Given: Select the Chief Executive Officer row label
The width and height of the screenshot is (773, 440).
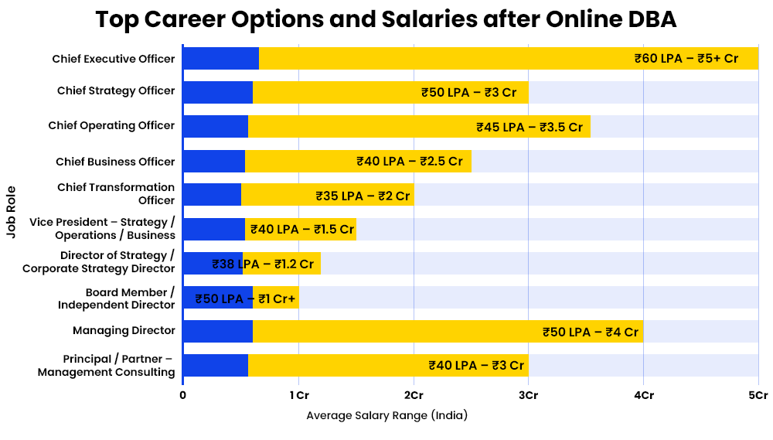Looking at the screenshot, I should click(114, 58).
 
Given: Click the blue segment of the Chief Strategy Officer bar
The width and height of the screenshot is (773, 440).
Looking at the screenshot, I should click(218, 92).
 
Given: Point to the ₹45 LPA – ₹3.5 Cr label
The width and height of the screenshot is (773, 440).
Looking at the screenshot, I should click(530, 127).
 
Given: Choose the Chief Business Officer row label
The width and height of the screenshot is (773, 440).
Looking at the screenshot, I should click(115, 162).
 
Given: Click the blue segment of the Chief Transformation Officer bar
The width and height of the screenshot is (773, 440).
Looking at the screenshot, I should click(212, 194).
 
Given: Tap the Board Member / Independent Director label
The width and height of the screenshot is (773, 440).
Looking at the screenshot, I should click(116, 298).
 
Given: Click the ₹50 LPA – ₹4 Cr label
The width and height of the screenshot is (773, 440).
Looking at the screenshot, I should click(591, 332).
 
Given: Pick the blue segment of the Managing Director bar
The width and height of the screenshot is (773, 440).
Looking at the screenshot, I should click(218, 331).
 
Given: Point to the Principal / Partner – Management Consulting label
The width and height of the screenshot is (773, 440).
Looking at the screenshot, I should click(107, 366).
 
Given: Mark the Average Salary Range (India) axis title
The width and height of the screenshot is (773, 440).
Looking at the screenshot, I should click(387, 415).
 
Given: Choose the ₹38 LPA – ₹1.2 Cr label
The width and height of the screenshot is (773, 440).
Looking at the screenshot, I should click(263, 264).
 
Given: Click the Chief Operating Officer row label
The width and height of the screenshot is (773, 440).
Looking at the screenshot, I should click(111, 125).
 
